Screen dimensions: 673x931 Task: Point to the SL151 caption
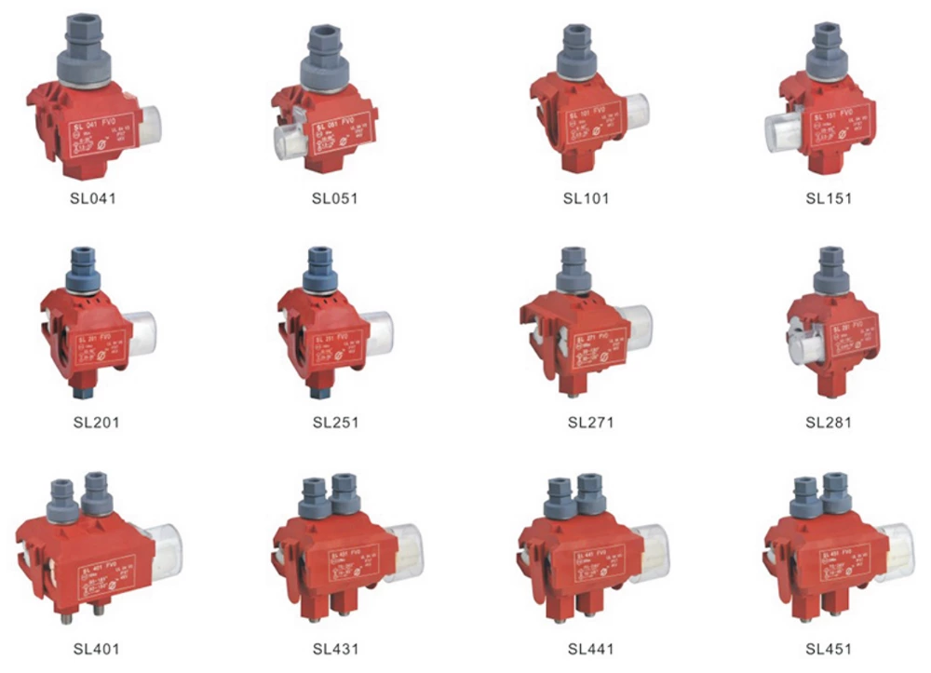click(x=828, y=198)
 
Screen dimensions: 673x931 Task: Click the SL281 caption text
click(x=828, y=422)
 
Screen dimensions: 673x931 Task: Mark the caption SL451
click(x=828, y=648)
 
